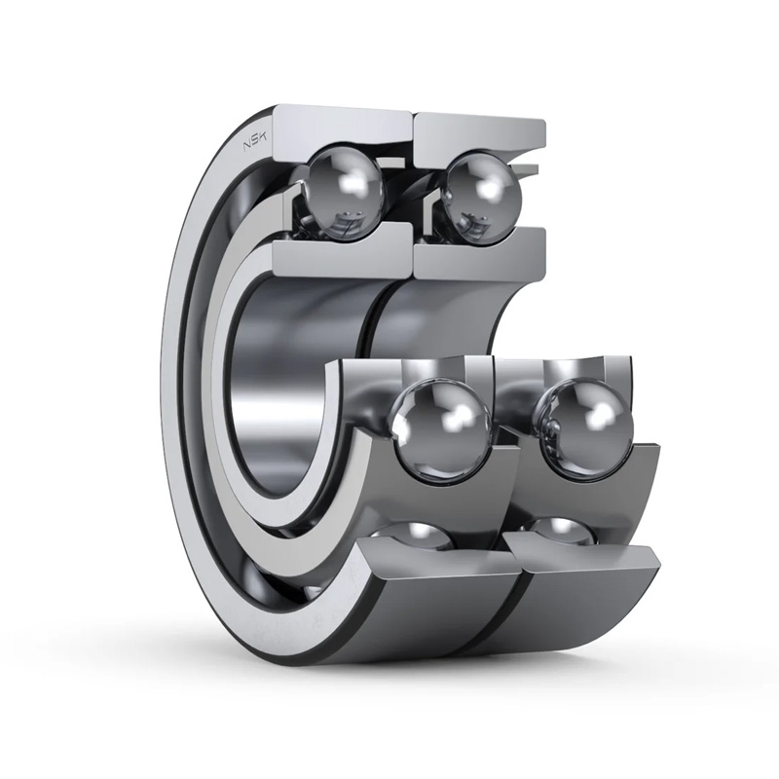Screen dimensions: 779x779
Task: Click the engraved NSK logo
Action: coord(254,141)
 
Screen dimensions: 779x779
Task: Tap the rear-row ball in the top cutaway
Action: coord(482,187)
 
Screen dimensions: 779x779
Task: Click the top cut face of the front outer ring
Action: coord(343,130)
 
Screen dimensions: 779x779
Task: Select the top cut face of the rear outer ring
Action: coord(479,134)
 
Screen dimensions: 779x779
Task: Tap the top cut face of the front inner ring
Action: coord(343,248)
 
